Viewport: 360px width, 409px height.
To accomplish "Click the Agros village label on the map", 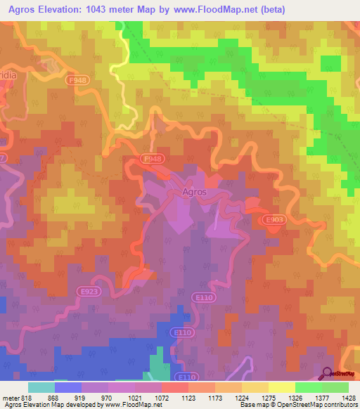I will point(194,192).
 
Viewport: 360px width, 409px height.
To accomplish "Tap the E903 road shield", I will point(276,220).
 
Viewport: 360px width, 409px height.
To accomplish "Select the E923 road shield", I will point(89,290).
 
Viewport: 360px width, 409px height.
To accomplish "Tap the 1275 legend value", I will point(258,397).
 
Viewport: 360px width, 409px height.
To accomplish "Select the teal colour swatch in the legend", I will point(41,387).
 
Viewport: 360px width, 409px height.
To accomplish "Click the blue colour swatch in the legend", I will point(68,387).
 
